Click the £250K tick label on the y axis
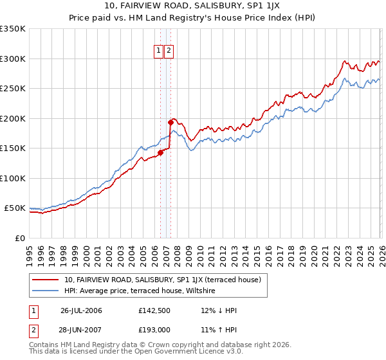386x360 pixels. tap(13, 88)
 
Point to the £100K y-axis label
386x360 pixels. tap(13, 178)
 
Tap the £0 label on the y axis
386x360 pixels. tap(19, 238)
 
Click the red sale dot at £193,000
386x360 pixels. tap(170, 122)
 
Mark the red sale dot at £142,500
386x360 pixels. tap(160, 152)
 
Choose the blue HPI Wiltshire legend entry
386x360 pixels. tap(142, 291)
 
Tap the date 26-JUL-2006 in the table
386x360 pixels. tap(81, 310)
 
